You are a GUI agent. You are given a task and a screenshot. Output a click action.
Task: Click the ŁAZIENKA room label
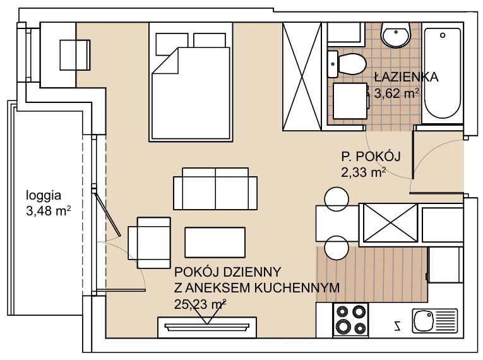click(x=407, y=77)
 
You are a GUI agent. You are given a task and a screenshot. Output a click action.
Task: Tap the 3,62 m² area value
click(x=397, y=93)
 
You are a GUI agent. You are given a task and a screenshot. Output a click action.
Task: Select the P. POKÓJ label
click(x=371, y=157)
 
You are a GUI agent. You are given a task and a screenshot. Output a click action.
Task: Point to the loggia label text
click(x=44, y=196)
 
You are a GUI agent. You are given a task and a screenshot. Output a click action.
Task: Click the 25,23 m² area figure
click(x=200, y=304)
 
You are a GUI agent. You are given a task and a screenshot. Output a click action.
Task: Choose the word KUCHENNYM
click(x=297, y=288)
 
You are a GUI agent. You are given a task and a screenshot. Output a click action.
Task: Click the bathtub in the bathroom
click(x=443, y=73)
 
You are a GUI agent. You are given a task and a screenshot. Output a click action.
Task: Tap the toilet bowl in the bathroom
click(x=347, y=64)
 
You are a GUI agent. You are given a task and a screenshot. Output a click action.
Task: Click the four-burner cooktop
click(x=350, y=320)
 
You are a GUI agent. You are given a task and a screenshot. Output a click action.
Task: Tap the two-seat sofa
click(x=215, y=189)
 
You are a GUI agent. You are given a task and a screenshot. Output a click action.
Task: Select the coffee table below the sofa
click(x=215, y=243)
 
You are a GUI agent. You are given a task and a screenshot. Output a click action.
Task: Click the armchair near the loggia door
click(x=150, y=243)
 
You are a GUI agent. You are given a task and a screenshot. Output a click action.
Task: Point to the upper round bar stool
click(x=337, y=199)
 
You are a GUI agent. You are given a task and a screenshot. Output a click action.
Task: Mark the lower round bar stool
click(x=337, y=248)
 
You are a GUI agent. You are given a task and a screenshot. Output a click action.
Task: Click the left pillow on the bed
click(x=172, y=44)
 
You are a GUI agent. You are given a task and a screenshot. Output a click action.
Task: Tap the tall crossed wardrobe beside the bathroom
click(x=302, y=76)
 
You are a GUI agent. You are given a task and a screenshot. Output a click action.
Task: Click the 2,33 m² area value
click(x=364, y=172)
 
